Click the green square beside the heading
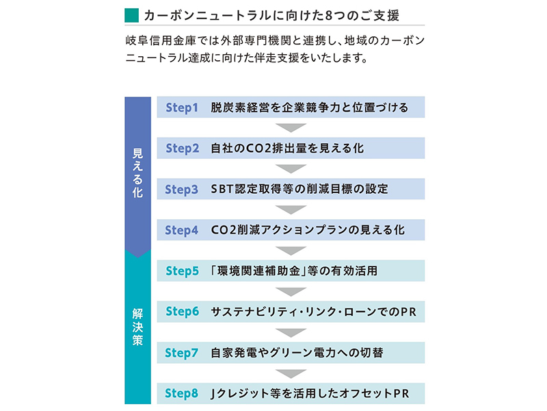coord(131,15)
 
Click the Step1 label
coord(182,108)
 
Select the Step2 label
coord(183,149)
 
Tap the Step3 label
coord(182,190)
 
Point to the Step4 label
coord(182,230)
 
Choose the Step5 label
coord(183,271)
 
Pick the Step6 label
coord(183,312)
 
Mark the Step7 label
coord(182,353)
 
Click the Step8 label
coord(182,393)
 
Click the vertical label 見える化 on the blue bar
coord(138,173)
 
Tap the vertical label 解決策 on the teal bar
coord(138,327)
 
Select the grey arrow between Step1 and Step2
coord(291,127)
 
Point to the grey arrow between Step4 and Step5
coord(291,251)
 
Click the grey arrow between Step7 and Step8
coord(291,373)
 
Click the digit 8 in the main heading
coord(328,16)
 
